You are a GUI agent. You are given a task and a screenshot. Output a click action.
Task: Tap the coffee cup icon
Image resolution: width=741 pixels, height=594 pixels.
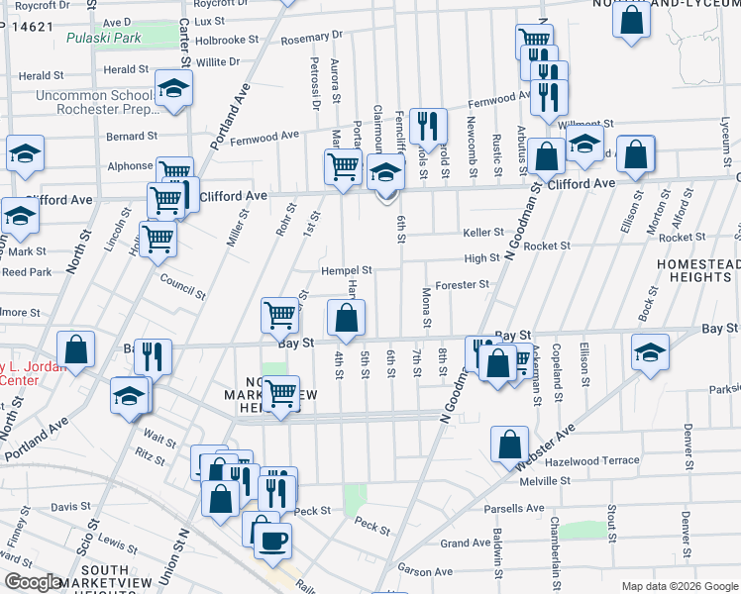coord(273,541)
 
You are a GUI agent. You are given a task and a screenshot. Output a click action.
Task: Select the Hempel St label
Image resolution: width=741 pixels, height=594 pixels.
coord(345,270)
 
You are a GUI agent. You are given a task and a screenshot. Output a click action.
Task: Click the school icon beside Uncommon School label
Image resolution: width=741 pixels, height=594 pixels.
coord(173,89)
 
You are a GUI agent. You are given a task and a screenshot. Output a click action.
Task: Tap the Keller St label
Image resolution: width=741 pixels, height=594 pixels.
coord(483,233)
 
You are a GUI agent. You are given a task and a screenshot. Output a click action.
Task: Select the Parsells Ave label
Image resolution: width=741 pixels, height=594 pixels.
coord(514,509)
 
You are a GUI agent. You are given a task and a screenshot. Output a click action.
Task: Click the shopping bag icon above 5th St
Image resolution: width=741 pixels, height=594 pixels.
coord(346,318)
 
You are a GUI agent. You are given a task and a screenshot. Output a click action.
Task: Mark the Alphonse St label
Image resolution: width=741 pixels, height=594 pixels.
coord(130,167)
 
